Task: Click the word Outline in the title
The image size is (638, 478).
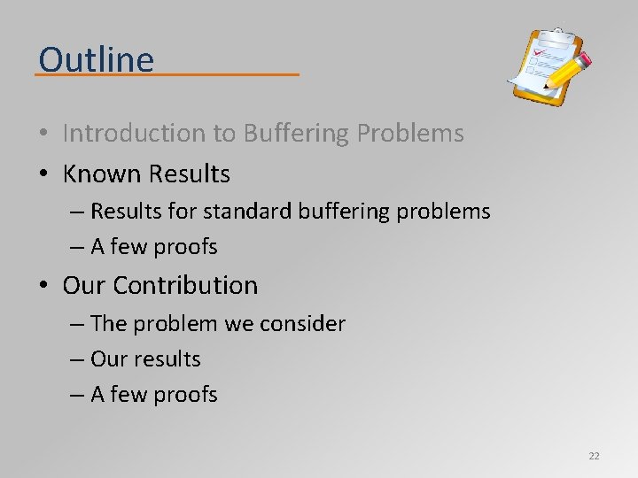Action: point(96,59)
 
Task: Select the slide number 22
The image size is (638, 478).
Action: point(594,456)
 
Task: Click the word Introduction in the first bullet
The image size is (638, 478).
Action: point(133,133)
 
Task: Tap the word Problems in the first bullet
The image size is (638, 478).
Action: point(410,133)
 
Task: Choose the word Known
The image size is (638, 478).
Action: point(101,174)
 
